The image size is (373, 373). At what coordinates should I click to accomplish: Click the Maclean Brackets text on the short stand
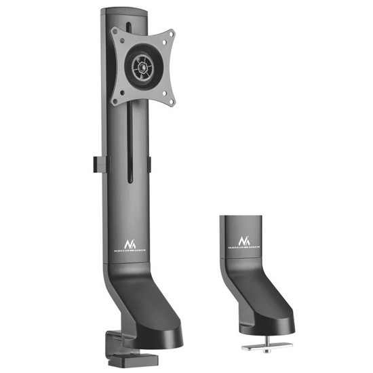coord(243,249)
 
